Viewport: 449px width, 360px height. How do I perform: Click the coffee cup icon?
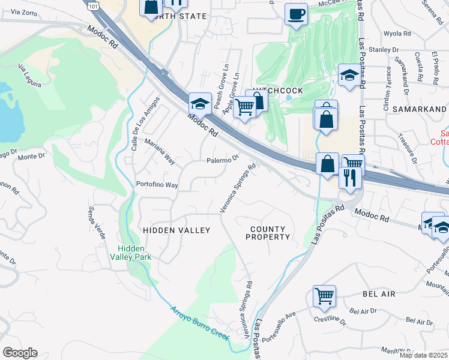click(296, 14)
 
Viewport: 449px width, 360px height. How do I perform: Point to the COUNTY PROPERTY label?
click(268, 233)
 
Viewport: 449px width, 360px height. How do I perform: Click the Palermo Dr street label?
click(223, 160)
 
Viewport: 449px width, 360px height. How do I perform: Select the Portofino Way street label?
click(157, 185)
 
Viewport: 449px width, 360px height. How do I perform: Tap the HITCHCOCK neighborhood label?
click(277, 90)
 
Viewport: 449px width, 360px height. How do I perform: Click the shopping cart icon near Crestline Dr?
click(324, 295)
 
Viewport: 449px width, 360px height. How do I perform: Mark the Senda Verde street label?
click(97, 223)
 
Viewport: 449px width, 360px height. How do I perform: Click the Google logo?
click(20, 352)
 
